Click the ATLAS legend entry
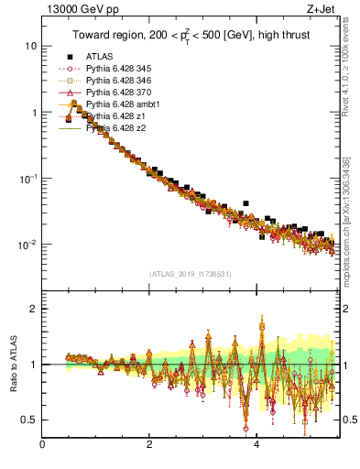(x=99, y=57)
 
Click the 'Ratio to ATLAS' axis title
(x=13, y=364)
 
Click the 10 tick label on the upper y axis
(x=30, y=46)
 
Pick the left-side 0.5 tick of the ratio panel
(x=30, y=420)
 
